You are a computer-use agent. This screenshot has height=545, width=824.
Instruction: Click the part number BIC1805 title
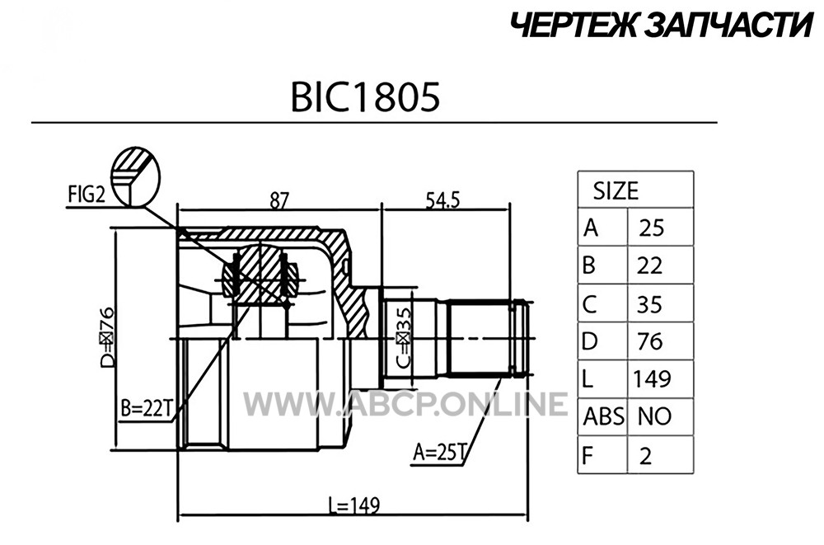[x=365, y=97]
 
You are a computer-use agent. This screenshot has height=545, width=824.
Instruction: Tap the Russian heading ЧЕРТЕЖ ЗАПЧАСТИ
[x=662, y=26]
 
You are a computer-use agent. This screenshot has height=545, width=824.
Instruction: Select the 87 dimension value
[x=279, y=200]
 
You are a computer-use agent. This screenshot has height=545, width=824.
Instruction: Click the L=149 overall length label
[x=353, y=505]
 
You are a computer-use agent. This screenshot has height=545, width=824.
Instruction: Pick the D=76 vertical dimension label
[x=106, y=336]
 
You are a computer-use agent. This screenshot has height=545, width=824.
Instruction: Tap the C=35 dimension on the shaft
[x=403, y=337]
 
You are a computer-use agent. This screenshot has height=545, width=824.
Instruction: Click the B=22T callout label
[x=147, y=409]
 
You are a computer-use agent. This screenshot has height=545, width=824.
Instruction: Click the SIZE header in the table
[x=616, y=191]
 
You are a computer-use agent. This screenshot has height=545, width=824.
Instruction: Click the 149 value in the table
[x=652, y=378]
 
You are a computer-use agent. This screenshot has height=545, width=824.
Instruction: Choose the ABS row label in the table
[x=604, y=416]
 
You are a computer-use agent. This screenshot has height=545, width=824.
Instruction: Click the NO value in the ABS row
[x=655, y=416]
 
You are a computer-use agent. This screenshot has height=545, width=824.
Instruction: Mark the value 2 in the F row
[x=646, y=455]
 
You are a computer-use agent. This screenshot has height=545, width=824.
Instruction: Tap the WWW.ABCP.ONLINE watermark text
[x=405, y=404]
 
